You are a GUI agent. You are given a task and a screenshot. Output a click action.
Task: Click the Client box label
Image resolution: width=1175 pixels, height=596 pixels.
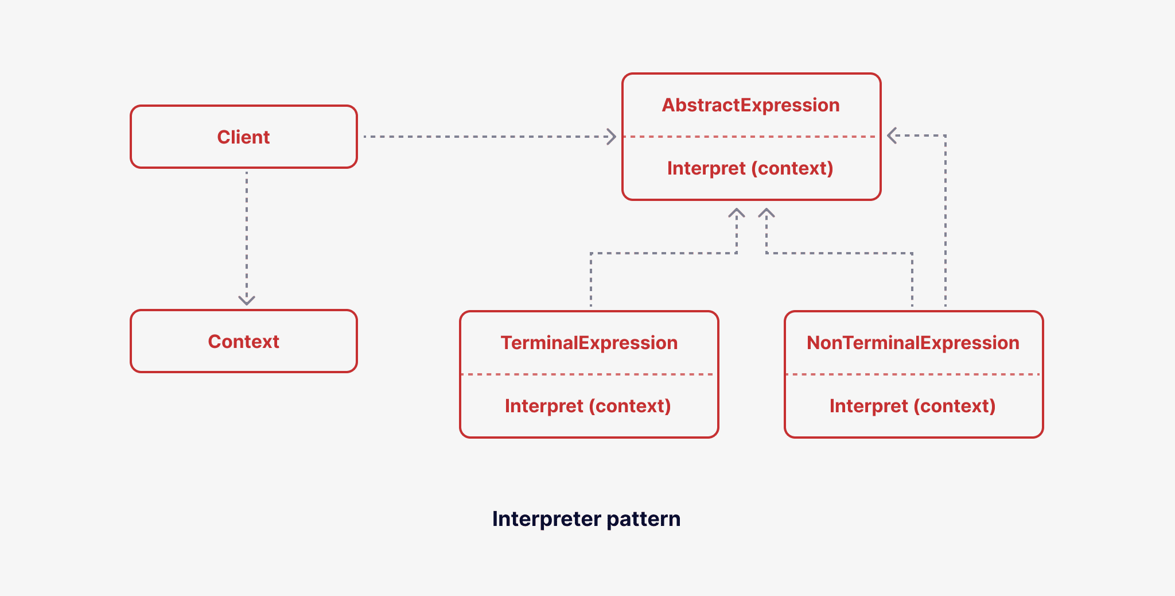pyautogui.click(x=243, y=137)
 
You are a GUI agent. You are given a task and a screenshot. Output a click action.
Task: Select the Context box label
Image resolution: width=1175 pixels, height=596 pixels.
pyautogui.click(x=243, y=342)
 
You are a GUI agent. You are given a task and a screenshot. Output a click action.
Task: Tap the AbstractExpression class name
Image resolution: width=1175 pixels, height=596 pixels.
pyautogui.click(x=750, y=105)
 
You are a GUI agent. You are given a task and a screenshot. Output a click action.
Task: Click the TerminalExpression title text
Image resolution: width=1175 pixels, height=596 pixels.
pyautogui.click(x=589, y=343)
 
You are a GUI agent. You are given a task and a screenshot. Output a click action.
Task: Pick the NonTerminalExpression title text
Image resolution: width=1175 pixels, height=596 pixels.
pyautogui.click(x=913, y=343)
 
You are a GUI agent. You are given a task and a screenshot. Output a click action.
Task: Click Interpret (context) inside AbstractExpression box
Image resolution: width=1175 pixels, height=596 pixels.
pyautogui.click(x=750, y=168)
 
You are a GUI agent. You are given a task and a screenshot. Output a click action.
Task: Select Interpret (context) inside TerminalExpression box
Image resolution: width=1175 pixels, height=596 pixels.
pyautogui.click(x=587, y=406)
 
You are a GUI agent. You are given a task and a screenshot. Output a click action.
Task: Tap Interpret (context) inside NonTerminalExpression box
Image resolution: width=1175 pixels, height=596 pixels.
pyautogui.click(x=912, y=406)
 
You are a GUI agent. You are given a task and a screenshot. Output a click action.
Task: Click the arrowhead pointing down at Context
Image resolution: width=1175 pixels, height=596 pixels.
pyautogui.click(x=247, y=300)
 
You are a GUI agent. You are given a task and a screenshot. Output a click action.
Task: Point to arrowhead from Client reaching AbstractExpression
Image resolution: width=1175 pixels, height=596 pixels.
pyautogui.click(x=612, y=137)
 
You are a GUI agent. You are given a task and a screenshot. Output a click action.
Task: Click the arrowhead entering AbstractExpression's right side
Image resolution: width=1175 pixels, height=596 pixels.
pyautogui.click(x=892, y=136)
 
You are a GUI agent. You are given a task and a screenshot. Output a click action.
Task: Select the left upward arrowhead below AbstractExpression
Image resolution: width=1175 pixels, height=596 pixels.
pyautogui.click(x=737, y=213)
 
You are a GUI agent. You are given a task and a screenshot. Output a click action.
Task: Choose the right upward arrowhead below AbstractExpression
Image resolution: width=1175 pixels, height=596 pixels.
pyautogui.click(x=767, y=213)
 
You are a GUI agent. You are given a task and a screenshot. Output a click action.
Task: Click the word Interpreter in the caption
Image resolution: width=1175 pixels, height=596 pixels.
pyautogui.click(x=546, y=519)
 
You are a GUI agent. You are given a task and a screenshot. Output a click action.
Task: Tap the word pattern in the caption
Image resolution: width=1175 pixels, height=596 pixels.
pyautogui.click(x=643, y=519)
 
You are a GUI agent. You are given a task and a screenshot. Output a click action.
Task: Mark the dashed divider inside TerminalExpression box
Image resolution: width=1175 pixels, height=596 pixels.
pyautogui.click(x=589, y=374)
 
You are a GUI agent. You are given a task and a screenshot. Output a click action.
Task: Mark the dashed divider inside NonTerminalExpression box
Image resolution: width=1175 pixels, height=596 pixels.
pyautogui.click(x=913, y=374)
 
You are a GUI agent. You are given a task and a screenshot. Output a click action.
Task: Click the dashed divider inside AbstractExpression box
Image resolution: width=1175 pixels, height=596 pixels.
pyautogui.click(x=750, y=137)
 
